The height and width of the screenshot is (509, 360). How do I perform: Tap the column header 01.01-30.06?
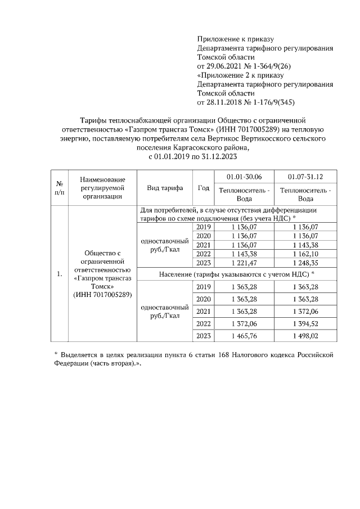pos(243,177)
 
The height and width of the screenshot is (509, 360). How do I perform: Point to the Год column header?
pos(204,188)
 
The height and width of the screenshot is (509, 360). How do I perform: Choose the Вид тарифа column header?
pos(161,188)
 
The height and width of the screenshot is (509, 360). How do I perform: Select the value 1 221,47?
pos(244,263)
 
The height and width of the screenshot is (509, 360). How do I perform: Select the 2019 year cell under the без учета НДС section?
pos(204,227)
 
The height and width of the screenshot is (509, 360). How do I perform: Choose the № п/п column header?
pos(58,188)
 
